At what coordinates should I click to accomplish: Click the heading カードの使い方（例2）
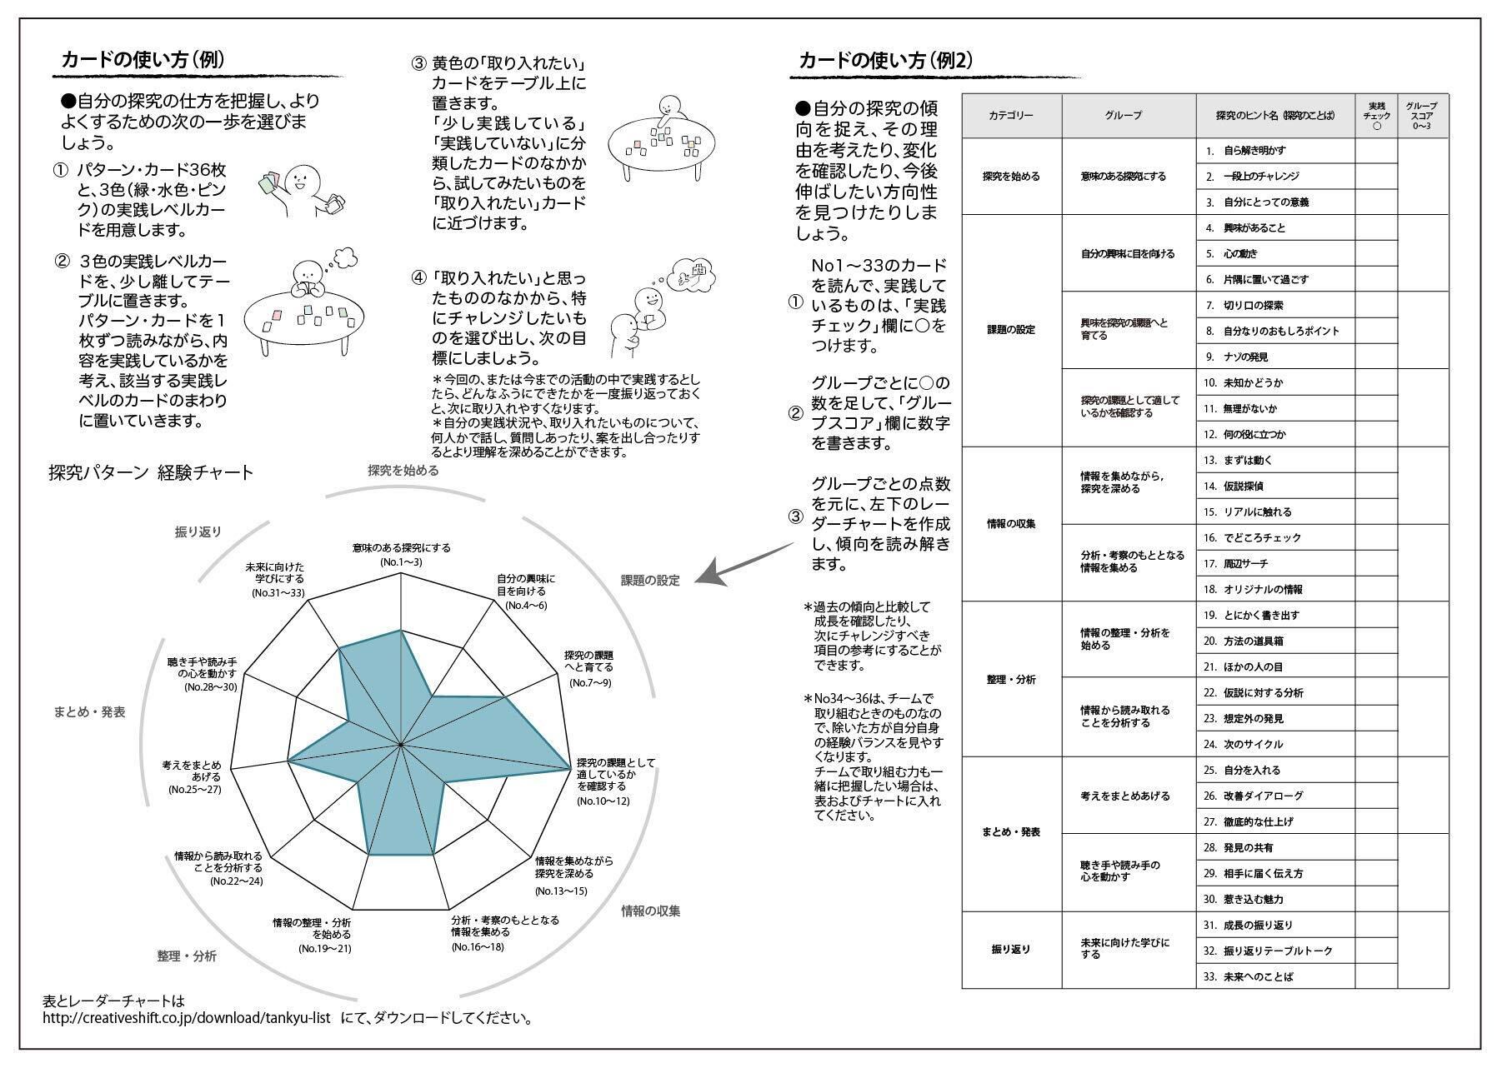click(885, 61)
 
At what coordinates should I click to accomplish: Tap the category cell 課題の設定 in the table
click(1011, 330)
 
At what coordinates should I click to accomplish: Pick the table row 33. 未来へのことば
click(1259, 976)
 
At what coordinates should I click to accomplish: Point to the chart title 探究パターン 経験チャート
click(151, 473)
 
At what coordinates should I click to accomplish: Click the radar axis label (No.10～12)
click(603, 801)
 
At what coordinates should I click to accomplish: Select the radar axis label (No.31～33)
click(278, 593)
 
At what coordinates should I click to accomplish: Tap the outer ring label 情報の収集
click(650, 911)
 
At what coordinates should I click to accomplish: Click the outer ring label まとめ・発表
click(89, 712)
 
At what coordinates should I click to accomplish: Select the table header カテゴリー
click(1011, 116)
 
